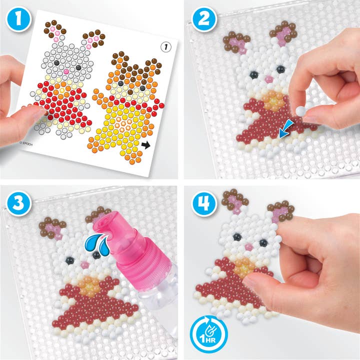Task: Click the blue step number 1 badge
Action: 18,19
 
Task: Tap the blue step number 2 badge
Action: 203,19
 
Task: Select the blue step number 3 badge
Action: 18,203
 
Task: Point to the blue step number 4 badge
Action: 203,203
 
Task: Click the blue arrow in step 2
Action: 285,129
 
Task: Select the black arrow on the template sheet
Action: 145,145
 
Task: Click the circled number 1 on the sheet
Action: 166,47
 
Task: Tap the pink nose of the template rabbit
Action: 66,71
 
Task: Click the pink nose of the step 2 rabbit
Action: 268,79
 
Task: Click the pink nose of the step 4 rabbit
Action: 249,247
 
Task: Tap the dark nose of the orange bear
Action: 130,92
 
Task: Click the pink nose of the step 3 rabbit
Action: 84,265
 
